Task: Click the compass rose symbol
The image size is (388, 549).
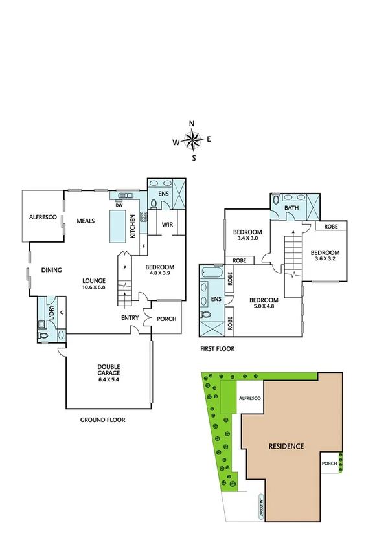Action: point(192,139)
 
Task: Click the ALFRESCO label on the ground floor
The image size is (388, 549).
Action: point(43,218)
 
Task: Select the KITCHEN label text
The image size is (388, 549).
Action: point(133,226)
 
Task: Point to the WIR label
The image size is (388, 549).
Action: point(166,225)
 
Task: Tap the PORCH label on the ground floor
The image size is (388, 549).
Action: point(166,318)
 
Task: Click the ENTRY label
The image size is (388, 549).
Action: point(130,318)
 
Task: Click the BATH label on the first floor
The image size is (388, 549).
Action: point(291,208)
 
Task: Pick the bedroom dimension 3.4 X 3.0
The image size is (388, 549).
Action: point(247,239)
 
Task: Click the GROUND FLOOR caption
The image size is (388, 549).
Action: point(102,420)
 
